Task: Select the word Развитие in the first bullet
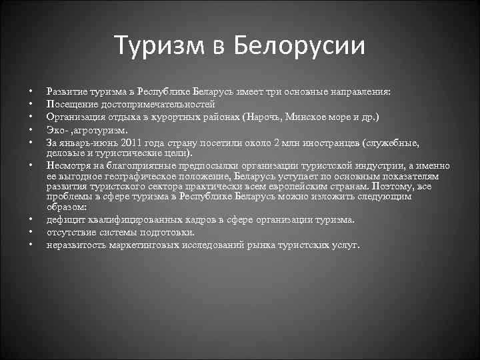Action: point(66,91)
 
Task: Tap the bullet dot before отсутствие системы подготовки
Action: point(31,233)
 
